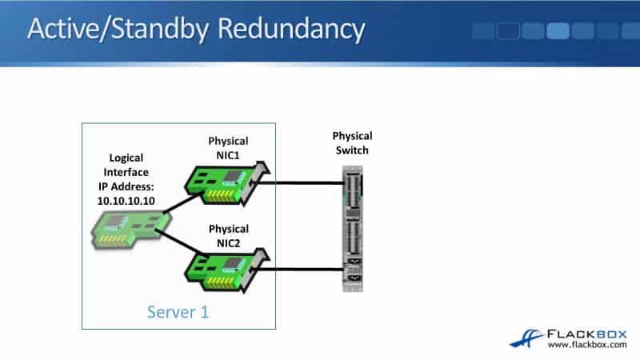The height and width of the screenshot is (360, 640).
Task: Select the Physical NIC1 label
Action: coord(228,148)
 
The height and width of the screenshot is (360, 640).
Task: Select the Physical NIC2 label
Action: coord(228,237)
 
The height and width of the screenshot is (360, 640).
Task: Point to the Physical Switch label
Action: coord(352,143)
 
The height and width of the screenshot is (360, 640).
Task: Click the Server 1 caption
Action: coord(178,312)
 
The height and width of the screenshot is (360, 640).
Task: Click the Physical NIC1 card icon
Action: coord(226,178)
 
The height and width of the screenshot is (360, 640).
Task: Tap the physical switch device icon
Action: coord(353,228)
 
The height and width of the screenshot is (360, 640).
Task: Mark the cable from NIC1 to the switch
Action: coord(304,182)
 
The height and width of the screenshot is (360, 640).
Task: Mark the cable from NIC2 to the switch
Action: coord(304,269)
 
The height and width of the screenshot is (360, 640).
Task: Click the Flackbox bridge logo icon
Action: coord(527,337)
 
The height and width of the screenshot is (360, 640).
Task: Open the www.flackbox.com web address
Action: coord(586,346)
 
